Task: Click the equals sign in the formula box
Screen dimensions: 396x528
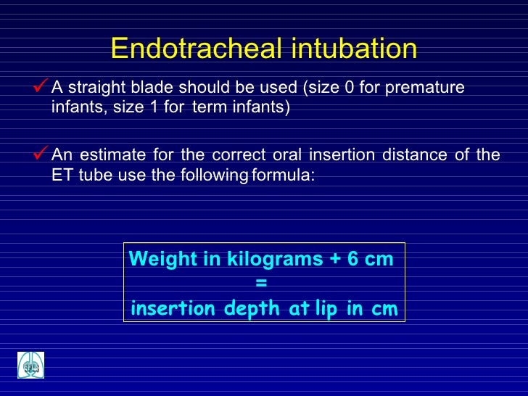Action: (262, 284)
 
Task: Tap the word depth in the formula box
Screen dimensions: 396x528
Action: (253, 309)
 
